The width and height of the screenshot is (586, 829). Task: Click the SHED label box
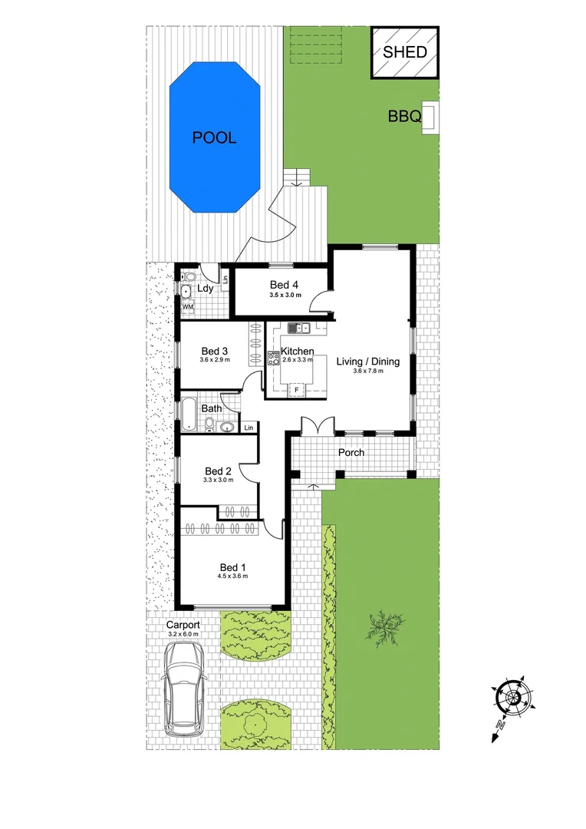click(x=405, y=52)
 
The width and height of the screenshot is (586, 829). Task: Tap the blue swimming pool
click(x=214, y=138)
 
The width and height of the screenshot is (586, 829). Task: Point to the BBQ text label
click(x=404, y=117)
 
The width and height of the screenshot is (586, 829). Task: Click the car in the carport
click(x=184, y=685)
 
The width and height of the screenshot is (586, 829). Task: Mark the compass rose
click(x=510, y=696)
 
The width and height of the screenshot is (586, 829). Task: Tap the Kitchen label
click(x=298, y=351)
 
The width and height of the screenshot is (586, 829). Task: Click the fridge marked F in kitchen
click(x=296, y=390)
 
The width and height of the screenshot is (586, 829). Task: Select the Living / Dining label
click(x=367, y=362)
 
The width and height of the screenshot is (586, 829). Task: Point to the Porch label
click(x=351, y=452)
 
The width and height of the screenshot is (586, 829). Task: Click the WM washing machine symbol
click(x=188, y=307)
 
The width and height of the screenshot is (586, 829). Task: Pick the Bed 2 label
click(x=218, y=471)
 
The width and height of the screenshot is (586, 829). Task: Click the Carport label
click(x=183, y=626)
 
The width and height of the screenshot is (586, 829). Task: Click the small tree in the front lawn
click(x=383, y=626)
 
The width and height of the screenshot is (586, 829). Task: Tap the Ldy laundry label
click(x=205, y=289)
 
